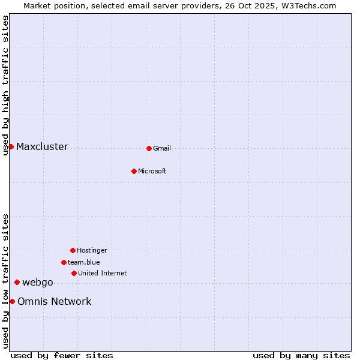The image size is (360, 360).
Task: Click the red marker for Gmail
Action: [x=149, y=148]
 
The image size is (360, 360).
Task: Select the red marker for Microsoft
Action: [x=134, y=171]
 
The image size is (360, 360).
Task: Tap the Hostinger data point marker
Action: [x=73, y=250]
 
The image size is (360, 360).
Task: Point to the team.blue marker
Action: [x=64, y=262]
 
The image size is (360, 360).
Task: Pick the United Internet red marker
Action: [x=74, y=273]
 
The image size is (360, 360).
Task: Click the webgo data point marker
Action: [x=17, y=282]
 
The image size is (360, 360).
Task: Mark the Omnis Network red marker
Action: [x=12, y=301]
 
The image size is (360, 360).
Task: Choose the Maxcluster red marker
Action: [x=11, y=146]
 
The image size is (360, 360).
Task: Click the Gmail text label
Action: [x=162, y=148]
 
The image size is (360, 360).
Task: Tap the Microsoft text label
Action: [x=152, y=171]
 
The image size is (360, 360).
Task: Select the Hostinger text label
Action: [x=92, y=250]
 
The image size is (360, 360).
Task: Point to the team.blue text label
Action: [x=84, y=262]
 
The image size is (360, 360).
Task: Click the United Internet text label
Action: [x=103, y=273]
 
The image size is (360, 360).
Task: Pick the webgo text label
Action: [x=38, y=283]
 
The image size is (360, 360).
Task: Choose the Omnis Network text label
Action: [x=55, y=301]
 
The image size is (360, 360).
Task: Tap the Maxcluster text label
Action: [x=42, y=146]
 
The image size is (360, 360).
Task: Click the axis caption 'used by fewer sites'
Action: [x=62, y=355]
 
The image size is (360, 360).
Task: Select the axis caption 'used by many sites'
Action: [x=301, y=355]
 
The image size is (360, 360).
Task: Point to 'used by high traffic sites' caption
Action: [x=5, y=85]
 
